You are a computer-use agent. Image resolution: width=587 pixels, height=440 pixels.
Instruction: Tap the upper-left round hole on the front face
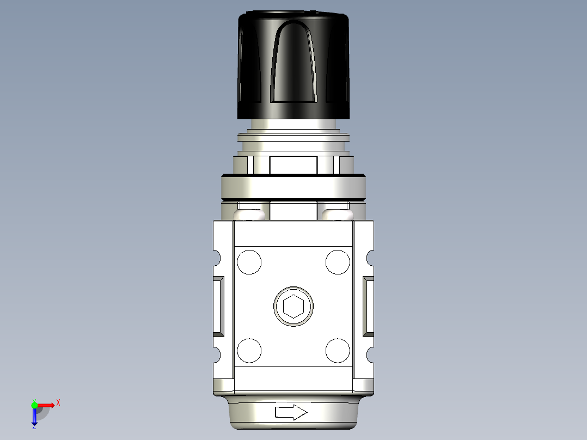click(249, 262)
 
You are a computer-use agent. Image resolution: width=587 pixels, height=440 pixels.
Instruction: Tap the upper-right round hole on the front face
click(338, 262)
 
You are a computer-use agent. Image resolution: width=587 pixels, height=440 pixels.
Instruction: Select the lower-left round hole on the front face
click(249, 350)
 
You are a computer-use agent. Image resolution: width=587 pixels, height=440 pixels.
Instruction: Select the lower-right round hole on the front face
click(338, 350)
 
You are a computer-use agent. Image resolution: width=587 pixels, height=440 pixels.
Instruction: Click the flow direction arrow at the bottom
click(291, 412)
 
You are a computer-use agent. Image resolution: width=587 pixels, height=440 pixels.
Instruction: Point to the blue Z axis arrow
click(34, 417)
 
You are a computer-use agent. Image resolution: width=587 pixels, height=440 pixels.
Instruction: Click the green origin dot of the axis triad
click(34, 405)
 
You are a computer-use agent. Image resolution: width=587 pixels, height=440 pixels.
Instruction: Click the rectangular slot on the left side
click(219, 305)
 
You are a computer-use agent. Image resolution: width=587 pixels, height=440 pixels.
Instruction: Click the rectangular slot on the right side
click(369, 305)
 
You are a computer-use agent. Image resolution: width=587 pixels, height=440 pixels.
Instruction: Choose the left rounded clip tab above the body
click(251, 214)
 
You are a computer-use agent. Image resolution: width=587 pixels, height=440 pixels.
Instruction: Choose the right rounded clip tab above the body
click(335, 214)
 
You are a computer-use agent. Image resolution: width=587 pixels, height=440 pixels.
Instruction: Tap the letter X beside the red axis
click(58, 403)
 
